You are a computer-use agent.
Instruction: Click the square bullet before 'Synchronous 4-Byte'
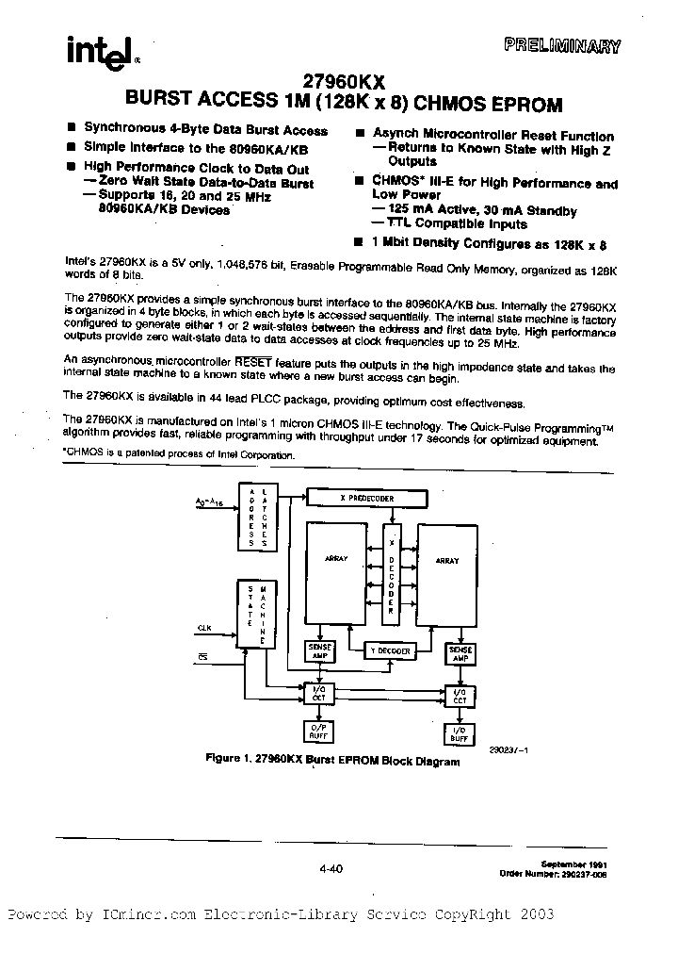click(72, 129)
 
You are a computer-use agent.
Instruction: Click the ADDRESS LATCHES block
click(256, 519)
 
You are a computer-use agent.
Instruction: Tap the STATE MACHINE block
click(256, 613)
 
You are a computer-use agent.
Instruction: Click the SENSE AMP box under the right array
click(460, 652)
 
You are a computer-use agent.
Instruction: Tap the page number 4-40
click(331, 869)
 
